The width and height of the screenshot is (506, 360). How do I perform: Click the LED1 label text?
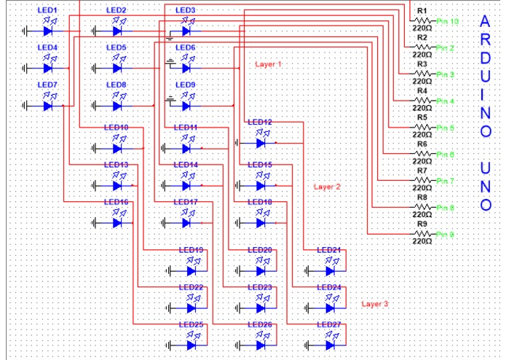(47, 9)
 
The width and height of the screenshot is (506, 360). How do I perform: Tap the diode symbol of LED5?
(116, 69)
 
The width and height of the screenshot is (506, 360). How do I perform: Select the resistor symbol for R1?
(423, 21)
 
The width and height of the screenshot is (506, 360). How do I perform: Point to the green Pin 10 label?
(447, 22)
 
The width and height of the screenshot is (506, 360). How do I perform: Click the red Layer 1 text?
(268, 64)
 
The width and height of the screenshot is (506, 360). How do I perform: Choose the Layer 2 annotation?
(327, 187)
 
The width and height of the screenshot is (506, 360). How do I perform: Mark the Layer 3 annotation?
(375, 303)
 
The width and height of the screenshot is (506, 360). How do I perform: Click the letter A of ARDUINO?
(486, 22)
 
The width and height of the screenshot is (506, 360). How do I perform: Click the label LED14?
(186, 165)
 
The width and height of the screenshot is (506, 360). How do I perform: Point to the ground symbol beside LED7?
(27, 106)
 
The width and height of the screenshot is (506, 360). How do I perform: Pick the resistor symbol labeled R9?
(423, 234)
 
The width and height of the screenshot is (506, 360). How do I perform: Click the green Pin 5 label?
(446, 128)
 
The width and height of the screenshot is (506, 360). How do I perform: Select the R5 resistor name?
(422, 117)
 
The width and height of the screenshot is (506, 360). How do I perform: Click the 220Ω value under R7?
(422, 188)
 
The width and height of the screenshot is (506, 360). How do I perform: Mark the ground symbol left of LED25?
(170, 344)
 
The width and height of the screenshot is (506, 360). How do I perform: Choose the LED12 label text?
(260, 122)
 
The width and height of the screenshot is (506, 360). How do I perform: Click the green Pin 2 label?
(446, 48)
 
